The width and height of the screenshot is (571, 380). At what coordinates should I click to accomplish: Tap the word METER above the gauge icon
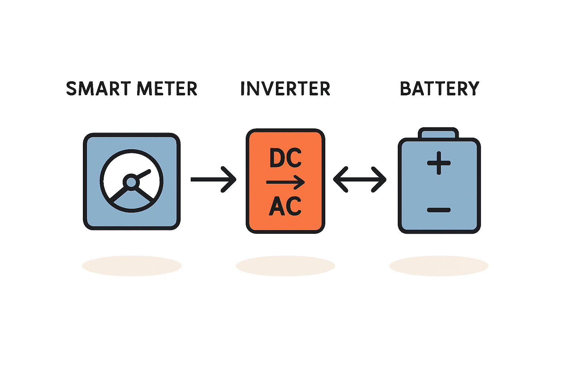(167, 89)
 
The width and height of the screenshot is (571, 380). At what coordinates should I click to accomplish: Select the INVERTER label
(285, 89)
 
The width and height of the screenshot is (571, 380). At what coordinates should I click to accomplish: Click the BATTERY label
(439, 89)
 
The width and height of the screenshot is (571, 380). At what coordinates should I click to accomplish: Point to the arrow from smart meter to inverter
(213, 179)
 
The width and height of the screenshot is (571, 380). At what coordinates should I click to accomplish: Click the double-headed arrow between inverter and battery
(359, 180)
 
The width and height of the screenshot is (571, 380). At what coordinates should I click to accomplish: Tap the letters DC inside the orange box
(285, 158)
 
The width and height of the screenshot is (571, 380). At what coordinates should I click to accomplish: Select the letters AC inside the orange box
(285, 206)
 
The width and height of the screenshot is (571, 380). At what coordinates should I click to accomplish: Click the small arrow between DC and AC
(285, 182)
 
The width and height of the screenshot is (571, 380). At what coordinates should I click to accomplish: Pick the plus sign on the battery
(439, 163)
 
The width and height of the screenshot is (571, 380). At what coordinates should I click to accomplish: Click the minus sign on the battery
(439, 210)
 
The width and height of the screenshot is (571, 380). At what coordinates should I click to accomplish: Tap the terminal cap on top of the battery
(438, 133)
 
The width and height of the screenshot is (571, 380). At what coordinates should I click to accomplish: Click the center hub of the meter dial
(131, 182)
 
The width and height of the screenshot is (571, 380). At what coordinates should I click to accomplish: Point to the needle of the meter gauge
(143, 174)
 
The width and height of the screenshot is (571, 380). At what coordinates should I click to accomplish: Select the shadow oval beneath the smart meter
(132, 266)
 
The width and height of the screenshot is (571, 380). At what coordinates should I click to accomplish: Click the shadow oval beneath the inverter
(285, 266)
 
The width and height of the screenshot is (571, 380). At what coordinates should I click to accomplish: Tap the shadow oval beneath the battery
(439, 266)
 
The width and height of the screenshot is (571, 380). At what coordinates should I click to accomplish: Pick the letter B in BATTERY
(406, 89)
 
